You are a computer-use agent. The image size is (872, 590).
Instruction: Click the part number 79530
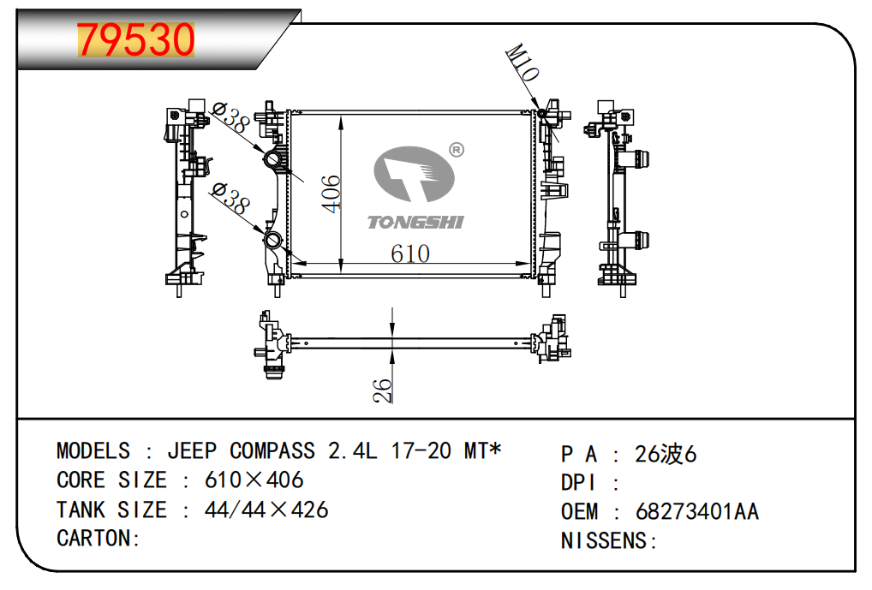pos(136,39)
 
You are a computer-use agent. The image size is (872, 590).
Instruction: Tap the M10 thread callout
pos(523,63)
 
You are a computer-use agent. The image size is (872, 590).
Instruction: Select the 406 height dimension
pos(331,193)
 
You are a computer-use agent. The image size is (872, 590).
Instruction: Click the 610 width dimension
pos(410,253)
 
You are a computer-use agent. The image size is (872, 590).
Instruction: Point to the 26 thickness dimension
pos(384,390)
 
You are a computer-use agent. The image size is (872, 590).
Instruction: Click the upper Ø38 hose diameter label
pos(229,117)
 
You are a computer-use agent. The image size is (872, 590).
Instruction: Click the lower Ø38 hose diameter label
pos(229,199)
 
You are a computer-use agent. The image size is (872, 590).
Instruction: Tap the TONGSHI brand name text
pos(415,223)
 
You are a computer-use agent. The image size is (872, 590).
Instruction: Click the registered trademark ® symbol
pos(457,150)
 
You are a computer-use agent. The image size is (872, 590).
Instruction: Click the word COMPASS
pos(273,450)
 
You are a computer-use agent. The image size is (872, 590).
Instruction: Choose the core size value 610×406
pos(254,480)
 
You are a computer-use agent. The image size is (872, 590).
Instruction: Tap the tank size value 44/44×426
pos(266,510)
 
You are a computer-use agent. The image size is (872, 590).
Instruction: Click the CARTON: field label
pos(99,539)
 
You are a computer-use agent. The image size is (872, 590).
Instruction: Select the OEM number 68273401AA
pos(697,511)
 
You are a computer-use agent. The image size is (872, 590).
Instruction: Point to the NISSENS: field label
pos(608,540)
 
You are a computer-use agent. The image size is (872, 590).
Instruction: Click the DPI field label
pos(580,482)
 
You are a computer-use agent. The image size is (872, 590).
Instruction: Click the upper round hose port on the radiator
pos(273,161)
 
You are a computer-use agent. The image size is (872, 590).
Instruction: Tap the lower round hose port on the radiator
pos(273,241)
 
